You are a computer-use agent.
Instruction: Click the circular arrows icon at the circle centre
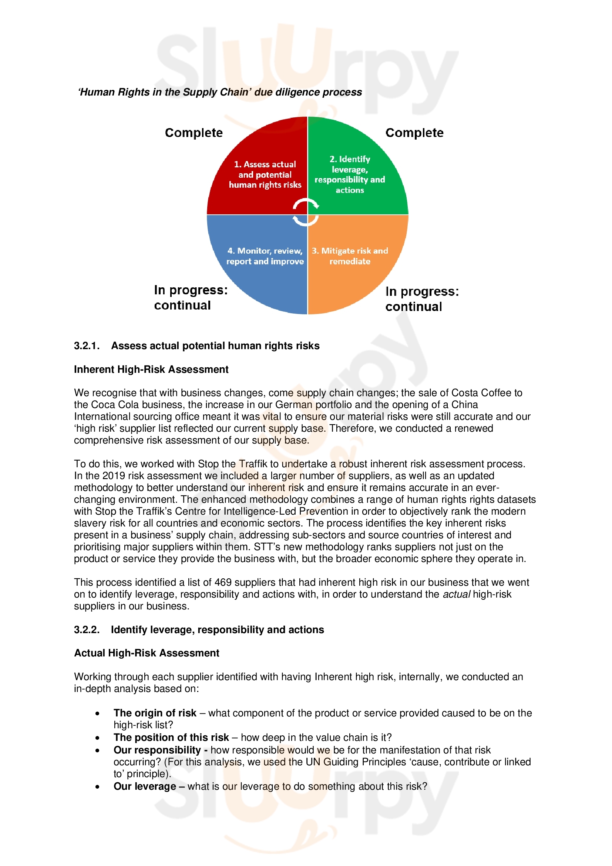pyautogui.click(x=306, y=213)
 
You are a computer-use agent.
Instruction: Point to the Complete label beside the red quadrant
pyautogui.click(x=194, y=133)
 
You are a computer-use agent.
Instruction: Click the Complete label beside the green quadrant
pyautogui.click(x=414, y=133)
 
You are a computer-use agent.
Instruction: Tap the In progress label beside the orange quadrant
pyautogui.click(x=422, y=299)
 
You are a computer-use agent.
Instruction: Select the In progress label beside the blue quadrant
pyautogui.click(x=191, y=297)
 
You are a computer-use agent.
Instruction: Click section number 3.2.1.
pyautogui.click(x=87, y=346)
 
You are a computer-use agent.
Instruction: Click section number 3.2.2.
pyautogui.click(x=87, y=629)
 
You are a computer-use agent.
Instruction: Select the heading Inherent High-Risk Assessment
pyautogui.click(x=151, y=369)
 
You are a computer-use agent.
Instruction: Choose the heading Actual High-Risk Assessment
pyautogui.click(x=147, y=653)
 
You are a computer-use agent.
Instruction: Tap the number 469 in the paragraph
pyautogui.click(x=223, y=582)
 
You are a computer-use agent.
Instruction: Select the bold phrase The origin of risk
pyautogui.click(x=155, y=713)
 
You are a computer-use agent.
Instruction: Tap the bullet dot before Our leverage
pyautogui.click(x=98, y=787)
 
